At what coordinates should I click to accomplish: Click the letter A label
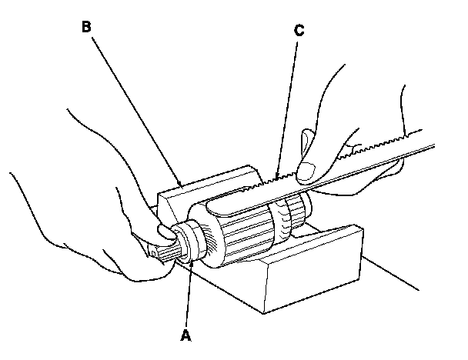[184, 336]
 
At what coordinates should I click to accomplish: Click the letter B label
[87, 26]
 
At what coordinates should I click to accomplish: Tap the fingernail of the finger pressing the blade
[309, 168]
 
